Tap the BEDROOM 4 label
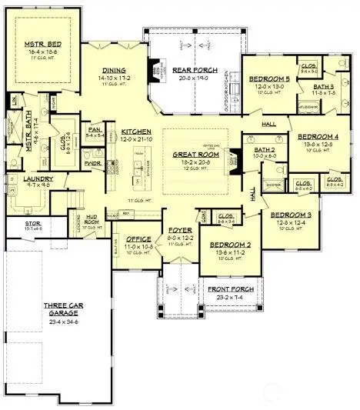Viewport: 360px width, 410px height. coord(313,138)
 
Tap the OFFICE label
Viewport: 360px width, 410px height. coord(135,238)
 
